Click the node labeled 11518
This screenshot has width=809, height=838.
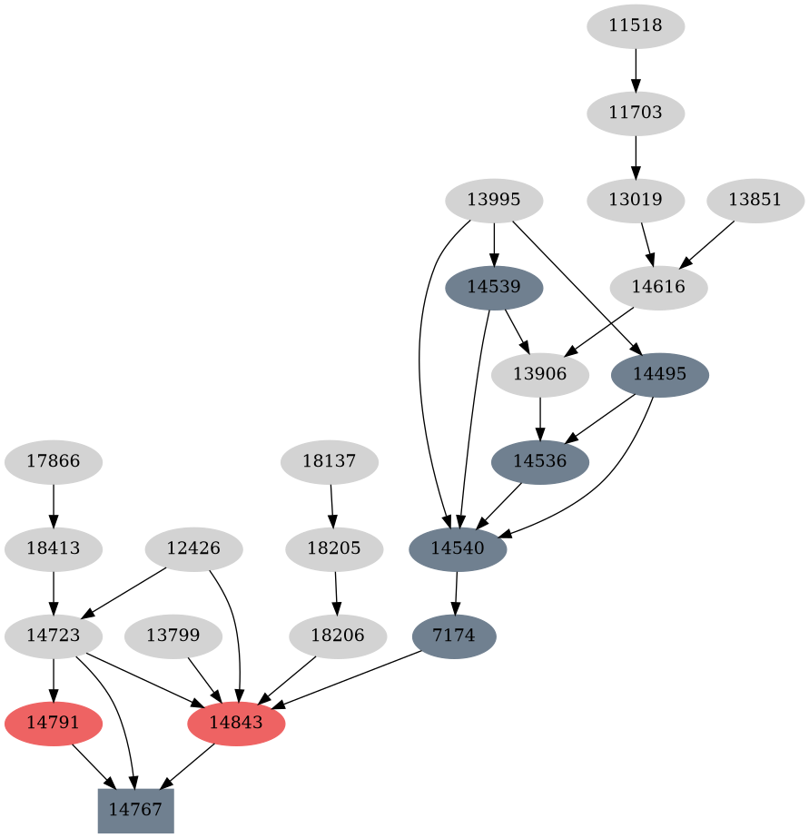(x=636, y=26)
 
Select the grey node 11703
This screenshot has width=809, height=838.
(x=636, y=113)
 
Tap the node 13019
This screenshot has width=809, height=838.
(x=636, y=200)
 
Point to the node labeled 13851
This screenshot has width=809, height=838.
(x=755, y=200)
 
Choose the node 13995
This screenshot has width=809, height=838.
(x=494, y=200)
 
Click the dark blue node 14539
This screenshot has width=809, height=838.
(x=494, y=287)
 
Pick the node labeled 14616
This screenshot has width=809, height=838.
(x=658, y=287)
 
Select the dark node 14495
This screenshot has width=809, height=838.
(x=660, y=374)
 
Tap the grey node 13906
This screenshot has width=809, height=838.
(x=539, y=374)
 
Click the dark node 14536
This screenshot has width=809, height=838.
(x=539, y=461)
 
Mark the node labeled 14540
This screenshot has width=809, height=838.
(x=458, y=548)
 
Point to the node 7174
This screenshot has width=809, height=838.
(x=454, y=636)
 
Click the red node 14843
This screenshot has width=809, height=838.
(x=236, y=723)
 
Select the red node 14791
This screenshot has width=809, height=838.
(x=54, y=723)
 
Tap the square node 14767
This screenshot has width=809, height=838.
(x=135, y=810)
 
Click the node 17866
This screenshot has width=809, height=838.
(x=54, y=461)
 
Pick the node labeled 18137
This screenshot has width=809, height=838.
(x=330, y=461)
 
